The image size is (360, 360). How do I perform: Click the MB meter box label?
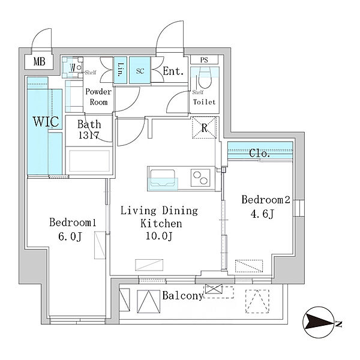(x=39, y=62)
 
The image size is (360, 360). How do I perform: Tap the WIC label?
(x=46, y=121)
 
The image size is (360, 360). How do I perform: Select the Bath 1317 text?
(x=89, y=130)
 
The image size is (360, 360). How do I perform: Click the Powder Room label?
(x=98, y=97)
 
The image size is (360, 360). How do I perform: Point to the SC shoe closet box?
(x=140, y=70)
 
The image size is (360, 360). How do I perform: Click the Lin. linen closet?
(x=121, y=70)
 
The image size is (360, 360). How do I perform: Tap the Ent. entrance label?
(x=173, y=71)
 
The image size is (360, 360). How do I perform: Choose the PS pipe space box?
(x=204, y=59)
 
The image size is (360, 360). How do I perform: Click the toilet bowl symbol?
(x=205, y=77)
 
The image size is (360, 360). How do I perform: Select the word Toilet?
(x=205, y=102)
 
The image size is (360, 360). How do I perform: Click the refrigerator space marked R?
(x=204, y=128)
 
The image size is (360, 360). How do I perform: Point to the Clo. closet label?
(x=259, y=153)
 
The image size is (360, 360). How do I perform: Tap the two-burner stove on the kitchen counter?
(x=200, y=178)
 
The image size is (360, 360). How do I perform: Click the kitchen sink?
(x=162, y=178)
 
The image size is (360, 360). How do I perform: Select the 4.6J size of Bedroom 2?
(x=262, y=214)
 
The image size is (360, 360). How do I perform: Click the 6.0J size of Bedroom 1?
(x=70, y=237)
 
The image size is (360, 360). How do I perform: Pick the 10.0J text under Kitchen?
(x=159, y=236)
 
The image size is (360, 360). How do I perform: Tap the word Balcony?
(x=183, y=296)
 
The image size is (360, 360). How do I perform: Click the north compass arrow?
(x=318, y=322)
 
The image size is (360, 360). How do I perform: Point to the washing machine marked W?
(x=73, y=68)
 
